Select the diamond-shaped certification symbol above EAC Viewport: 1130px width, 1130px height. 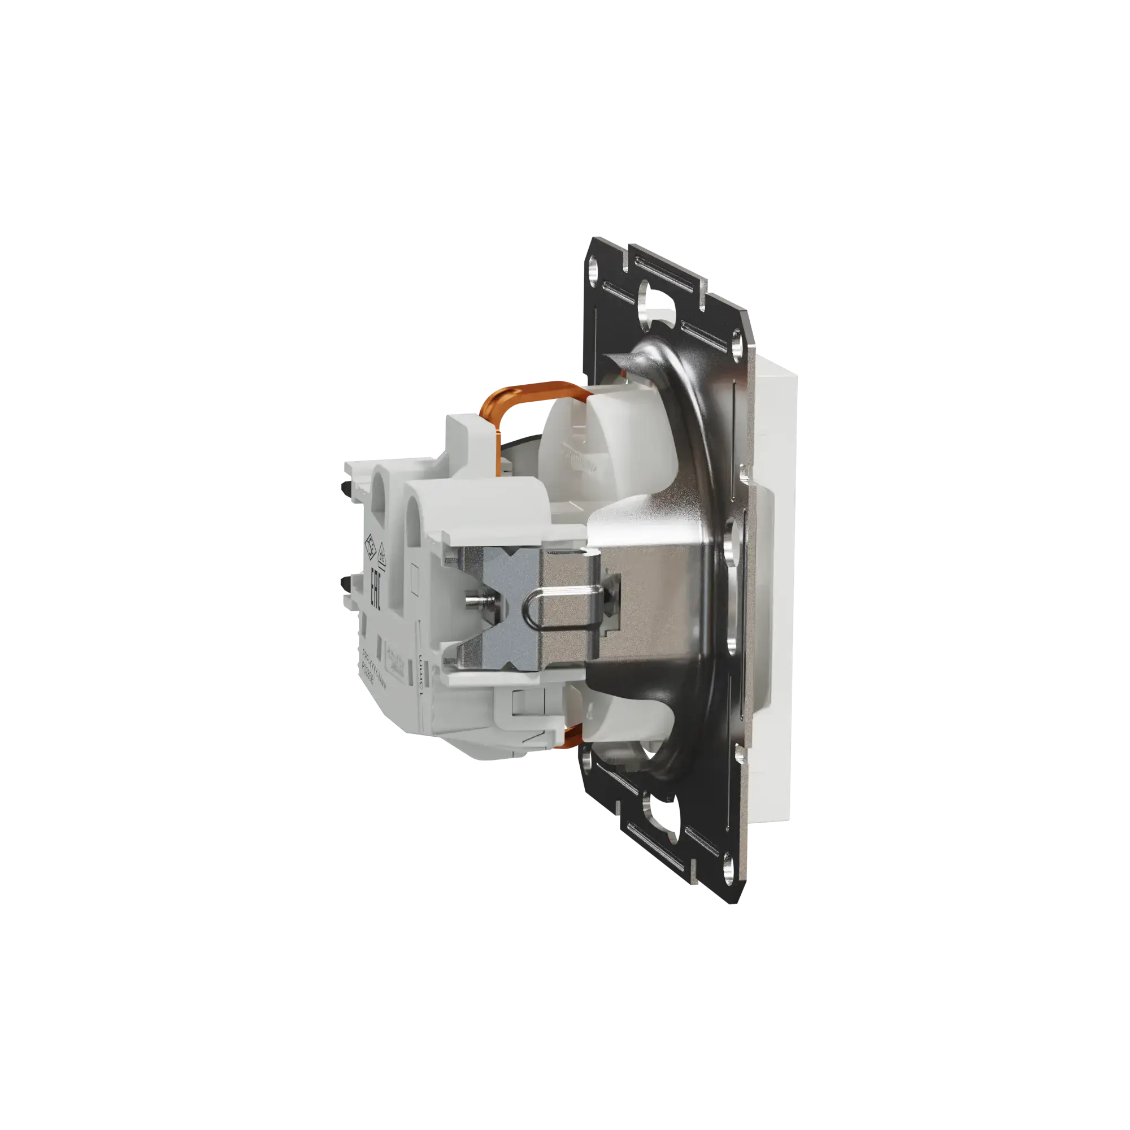tap(370, 547)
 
